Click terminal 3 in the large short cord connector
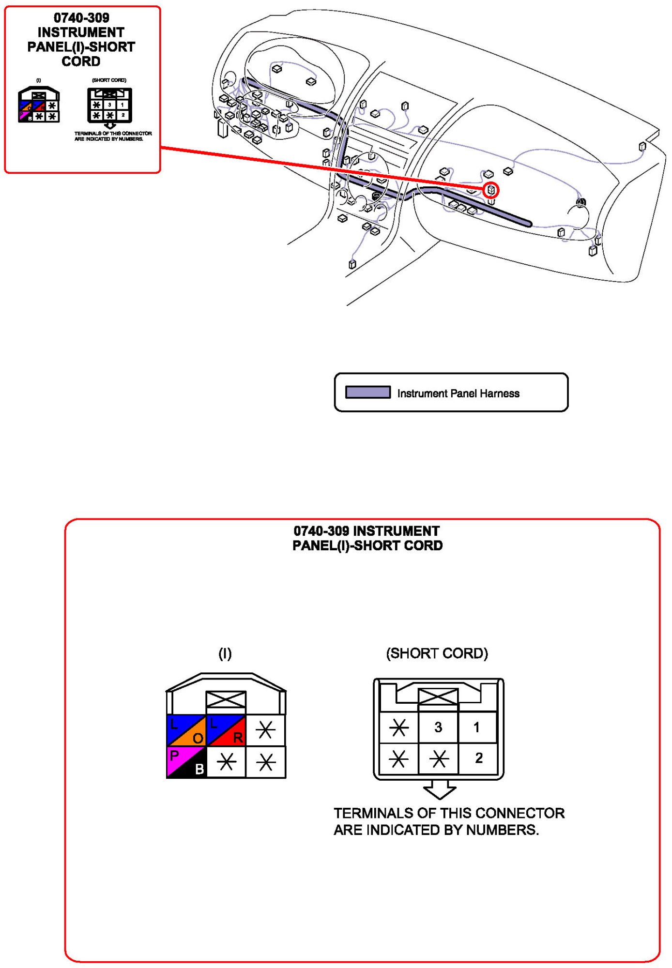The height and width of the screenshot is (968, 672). pyautogui.click(x=438, y=727)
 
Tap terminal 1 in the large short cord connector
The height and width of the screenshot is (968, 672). pyautogui.click(x=477, y=727)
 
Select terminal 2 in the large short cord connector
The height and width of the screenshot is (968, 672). pyautogui.click(x=478, y=758)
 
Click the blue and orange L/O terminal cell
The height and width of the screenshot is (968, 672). pyautogui.click(x=186, y=730)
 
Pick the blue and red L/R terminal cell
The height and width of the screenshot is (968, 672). pyautogui.click(x=226, y=730)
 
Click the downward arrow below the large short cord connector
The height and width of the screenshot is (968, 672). pyautogui.click(x=439, y=789)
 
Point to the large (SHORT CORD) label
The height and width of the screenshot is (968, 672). pyautogui.click(x=437, y=653)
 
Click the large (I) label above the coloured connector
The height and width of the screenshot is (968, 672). pyautogui.click(x=225, y=654)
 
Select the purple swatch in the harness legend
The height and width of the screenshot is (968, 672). pyautogui.click(x=367, y=392)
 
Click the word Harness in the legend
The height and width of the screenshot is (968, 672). pyautogui.click(x=499, y=393)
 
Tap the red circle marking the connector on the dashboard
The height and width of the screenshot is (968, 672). pyautogui.click(x=490, y=190)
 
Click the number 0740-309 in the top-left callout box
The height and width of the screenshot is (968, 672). pyautogui.click(x=81, y=18)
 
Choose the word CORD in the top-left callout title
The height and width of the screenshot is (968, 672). pyautogui.click(x=81, y=61)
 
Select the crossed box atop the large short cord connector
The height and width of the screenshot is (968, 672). pyautogui.click(x=438, y=696)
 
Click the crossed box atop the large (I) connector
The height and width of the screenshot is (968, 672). pyautogui.click(x=226, y=699)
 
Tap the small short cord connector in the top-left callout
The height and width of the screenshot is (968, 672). pyautogui.click(x=109, y=105)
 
